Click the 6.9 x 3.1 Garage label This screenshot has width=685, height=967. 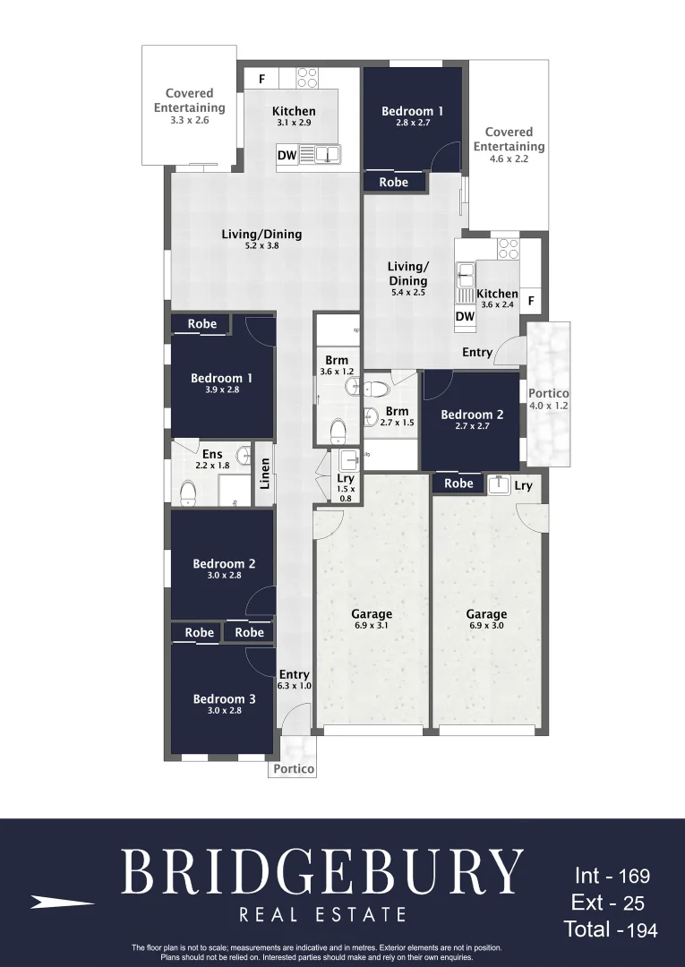click(x=372, y=620)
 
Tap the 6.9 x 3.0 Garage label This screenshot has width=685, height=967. click(x=486, y=620)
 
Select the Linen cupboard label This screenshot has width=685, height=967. click(x=264, y=474)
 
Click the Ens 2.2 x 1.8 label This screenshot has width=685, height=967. click(x=212, y=459)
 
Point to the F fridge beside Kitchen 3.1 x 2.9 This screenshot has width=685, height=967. click(x=261, y=79)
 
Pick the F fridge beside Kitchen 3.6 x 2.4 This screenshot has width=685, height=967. click(x=531, y=302)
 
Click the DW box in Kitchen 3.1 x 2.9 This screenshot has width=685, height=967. click(x=287, y=156)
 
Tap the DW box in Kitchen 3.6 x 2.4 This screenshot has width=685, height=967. click(x=465, y=316)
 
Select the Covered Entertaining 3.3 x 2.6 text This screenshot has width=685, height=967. click(x=189, y=106)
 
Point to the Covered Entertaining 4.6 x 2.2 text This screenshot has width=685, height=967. click(x=509, y=145)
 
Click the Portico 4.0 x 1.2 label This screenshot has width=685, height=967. click(x=549, y=398)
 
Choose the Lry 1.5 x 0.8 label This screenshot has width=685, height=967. click(x=346, y=483)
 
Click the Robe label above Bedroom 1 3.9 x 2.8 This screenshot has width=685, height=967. click(x=202, y=323)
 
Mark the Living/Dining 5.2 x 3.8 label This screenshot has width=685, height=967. click(x=261, y=238)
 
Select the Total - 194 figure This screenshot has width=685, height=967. click(x=611, y=930)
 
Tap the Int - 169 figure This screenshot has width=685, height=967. click(x=612, y=876)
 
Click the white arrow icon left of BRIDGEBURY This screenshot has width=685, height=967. click(x=62, y=903)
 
